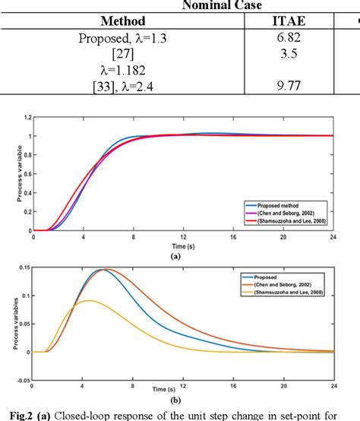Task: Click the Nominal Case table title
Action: tap(221, 6)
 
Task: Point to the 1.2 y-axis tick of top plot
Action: tap(27, 118)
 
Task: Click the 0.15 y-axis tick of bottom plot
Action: tap(25, 267)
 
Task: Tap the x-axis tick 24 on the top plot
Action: tap(331, 237)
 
